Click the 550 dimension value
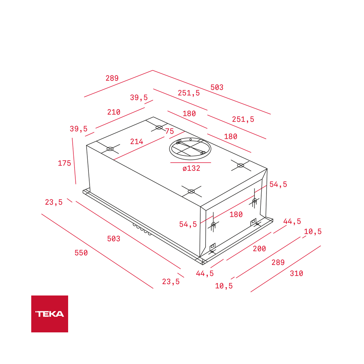coord(81,253)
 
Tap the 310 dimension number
coord(296,274)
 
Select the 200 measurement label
coord(259,249)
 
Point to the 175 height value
coord(64,163)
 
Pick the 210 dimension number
coord(114,112)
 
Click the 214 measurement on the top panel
coord(137,142)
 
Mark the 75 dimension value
coord(169,131)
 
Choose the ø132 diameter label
coord(191,169)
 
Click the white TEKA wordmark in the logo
coord(50,314)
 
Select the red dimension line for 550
coord(97,251)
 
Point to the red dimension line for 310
coord(286,269)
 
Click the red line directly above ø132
coord(190,163)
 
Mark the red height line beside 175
coord(74,161)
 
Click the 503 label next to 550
coord(114,239)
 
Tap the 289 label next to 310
coord(278,263)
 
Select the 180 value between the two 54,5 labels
coord(236,215)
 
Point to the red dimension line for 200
coord(248,246)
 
